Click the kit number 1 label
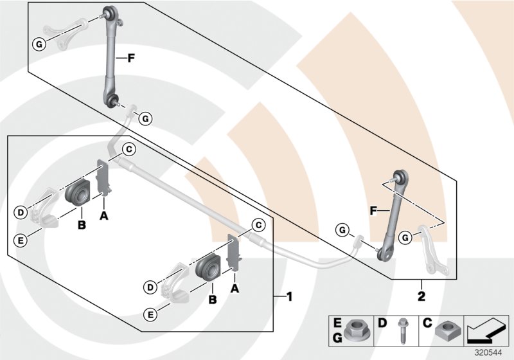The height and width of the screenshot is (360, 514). click(x=289, y=297)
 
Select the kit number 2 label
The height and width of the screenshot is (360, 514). click(x=421, y=297)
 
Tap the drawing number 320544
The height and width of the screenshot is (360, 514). click(x=491, y=352)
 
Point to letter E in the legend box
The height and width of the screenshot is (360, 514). click(x=337, y=322)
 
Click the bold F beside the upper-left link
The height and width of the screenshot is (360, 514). click(x=130, y=59)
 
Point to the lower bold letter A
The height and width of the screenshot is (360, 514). click(x=235, y=289)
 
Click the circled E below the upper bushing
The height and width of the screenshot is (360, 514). click(x=21, y=240)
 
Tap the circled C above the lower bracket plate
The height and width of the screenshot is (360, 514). click(x=258, y=225)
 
